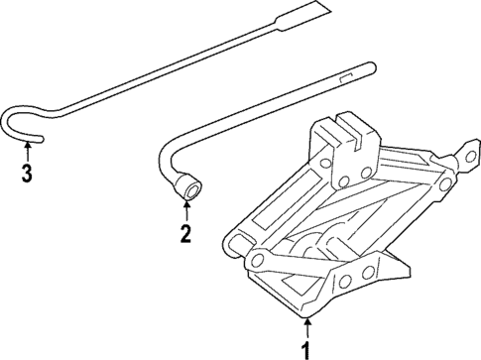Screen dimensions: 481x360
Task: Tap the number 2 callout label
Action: click(184, 234)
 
